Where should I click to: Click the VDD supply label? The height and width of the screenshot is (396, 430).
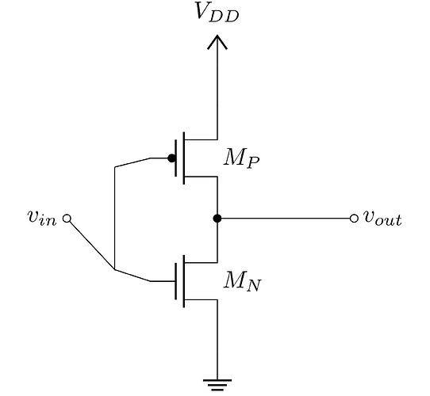click(217, 12)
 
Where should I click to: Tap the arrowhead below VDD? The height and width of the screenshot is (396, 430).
click(217, 42)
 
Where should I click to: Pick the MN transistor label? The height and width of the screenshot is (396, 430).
click(243, 281)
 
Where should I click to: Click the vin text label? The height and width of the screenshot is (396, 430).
click(42, 219)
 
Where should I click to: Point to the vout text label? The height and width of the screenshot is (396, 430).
click(382, 219)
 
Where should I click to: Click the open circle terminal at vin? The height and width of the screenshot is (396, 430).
click(67, 219)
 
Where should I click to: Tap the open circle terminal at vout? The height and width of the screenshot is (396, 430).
click(354, 219)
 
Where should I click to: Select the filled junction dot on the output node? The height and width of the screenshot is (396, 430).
click(217, 219)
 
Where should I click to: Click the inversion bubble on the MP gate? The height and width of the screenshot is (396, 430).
click(171, 158)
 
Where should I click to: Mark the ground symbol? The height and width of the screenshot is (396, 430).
click(217, 385)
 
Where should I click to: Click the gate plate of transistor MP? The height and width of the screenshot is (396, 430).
click(175, 158)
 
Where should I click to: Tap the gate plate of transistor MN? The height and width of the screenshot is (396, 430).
click(175, 281)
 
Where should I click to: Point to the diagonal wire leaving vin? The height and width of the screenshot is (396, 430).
click(91, 245)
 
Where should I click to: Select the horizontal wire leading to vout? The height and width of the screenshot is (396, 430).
click(286, 219)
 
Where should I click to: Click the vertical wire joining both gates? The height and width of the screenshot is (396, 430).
click(114, 218)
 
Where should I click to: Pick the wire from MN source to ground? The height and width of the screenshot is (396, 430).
click(217, 340)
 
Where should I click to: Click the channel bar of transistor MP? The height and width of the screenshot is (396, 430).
click(184, 158)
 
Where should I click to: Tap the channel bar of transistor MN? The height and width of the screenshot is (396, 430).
click(184, 281)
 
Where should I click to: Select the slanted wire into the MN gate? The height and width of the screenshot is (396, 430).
click(132, 276)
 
